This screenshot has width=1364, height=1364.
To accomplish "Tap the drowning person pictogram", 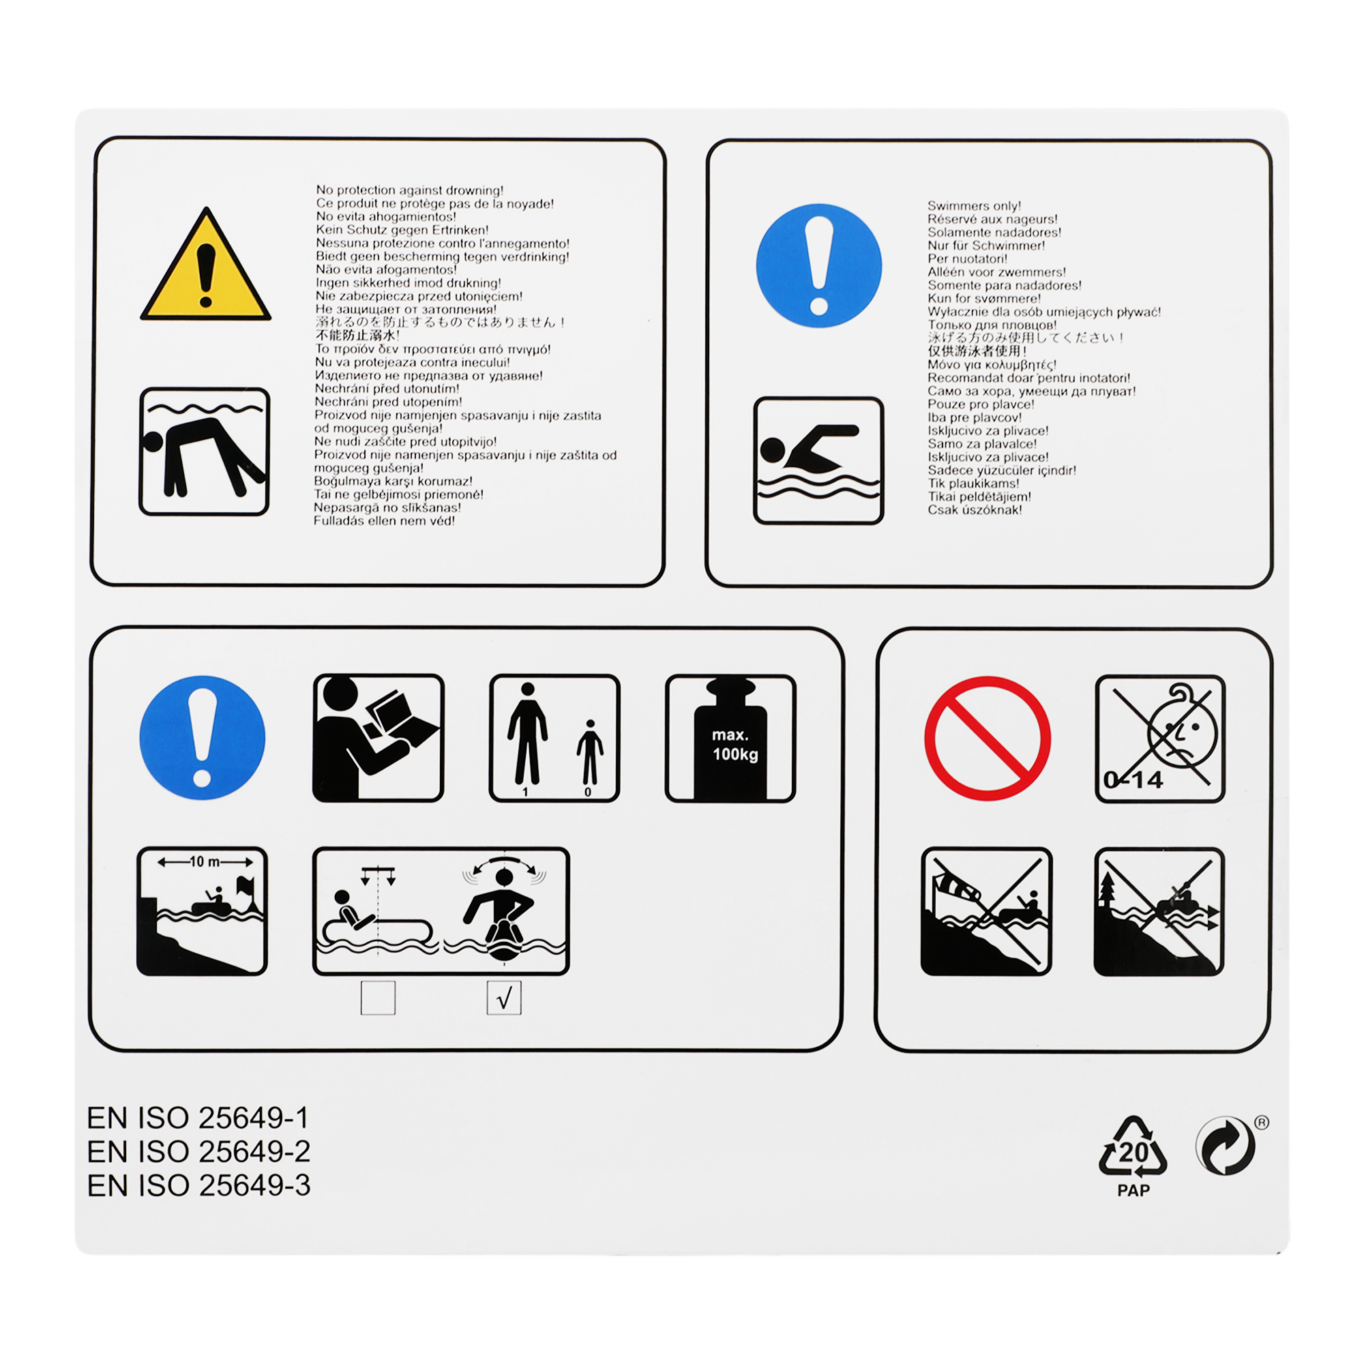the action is click(204, 452).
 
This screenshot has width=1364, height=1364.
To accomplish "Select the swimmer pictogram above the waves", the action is click(818, 460).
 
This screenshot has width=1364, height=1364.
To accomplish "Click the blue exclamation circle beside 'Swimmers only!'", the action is click(819, 265).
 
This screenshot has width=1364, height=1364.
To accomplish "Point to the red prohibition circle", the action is click(988, 739).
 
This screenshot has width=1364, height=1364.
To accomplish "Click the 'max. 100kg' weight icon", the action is click(730, 739).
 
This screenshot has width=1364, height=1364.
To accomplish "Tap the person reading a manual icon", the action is click(379, 738).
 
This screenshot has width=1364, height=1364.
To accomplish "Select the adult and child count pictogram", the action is click(554, 739).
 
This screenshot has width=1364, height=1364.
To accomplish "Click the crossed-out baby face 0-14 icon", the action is click(1160, 739).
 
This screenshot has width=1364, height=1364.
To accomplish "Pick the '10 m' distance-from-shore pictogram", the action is click(202, 911).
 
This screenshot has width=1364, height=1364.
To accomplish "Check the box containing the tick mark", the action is click(504, 998).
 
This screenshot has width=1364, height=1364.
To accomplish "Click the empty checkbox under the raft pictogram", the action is click(378, 998).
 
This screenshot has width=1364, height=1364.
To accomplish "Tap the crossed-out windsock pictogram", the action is click(986, 911).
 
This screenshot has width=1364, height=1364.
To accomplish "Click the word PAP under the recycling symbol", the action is click(1133, 1191).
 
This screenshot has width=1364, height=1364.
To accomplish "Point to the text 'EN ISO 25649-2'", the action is click(198, 1151).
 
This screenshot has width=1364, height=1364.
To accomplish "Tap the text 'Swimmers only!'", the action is click(975, 205).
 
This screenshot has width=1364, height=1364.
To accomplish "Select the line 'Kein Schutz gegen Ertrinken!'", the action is click(402, 229).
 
